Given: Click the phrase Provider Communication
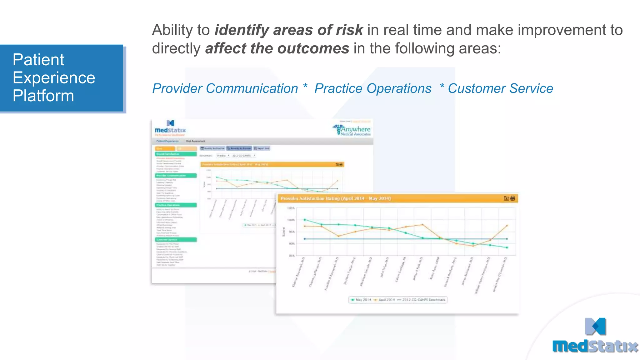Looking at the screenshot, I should click(225, 89).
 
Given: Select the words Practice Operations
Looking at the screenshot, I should click(372, 89).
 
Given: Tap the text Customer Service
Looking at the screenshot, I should click(500, 89).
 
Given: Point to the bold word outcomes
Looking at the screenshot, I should click(313, 49).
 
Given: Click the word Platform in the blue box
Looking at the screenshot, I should click(43, 96).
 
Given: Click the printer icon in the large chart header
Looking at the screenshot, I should click(512, 198).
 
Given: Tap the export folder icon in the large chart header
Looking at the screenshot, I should click(506, 198).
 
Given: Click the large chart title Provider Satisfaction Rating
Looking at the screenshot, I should click(336, 198).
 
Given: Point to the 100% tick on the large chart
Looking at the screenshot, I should click(291, 220).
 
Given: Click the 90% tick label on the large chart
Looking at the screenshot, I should click(291, 244).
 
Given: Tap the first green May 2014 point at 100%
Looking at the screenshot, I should click(305, 220).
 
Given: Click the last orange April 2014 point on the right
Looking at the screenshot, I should click(507, 226).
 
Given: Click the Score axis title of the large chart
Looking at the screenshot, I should click(284, 232).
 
